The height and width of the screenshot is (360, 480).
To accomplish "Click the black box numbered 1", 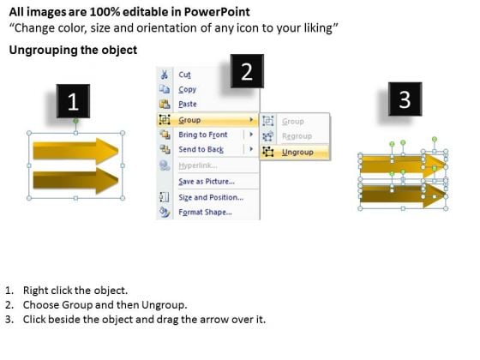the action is (x=73, y=101).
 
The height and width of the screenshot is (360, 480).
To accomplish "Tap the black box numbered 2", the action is (x=247, y=71).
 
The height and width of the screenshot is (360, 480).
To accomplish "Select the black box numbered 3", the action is (x=405, y=99).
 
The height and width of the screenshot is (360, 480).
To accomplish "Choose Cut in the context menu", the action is (x=184, y=75).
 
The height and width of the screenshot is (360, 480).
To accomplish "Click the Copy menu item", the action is (x=188, y=89).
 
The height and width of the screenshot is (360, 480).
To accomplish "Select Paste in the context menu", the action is (x=188, y=104).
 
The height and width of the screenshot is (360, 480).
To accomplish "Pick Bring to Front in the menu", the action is (x=203, y=135).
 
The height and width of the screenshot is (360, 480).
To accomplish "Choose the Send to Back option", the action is (x=201, y=149).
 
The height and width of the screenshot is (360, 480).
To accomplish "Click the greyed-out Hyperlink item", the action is (x=198, y=165).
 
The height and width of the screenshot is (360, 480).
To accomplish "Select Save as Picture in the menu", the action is (x=207, y=182).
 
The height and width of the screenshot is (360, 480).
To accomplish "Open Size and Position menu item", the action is (x=211, y=197).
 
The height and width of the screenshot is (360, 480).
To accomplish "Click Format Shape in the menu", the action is (x=205, y=213).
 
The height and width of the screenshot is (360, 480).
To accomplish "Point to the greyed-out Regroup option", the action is (x=297, y=136).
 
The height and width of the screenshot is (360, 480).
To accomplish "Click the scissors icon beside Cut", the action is (x=165, y=75).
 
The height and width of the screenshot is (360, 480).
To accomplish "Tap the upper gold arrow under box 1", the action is (x=75, y=151).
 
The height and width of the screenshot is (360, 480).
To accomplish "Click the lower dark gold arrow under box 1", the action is (x=75, y=181).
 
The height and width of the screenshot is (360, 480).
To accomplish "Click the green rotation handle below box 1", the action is (x=75, y=121).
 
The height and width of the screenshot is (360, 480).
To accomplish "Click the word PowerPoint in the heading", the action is (x=217, y=12).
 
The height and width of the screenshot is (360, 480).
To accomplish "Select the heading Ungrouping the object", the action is (x=73, y=50).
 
